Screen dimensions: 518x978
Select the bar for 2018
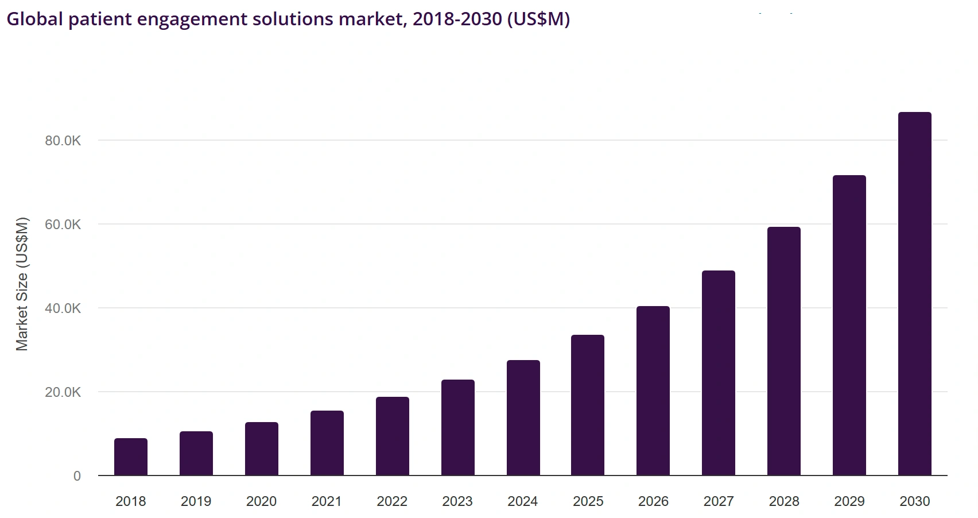pos(131,457)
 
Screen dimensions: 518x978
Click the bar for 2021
pos(327,443)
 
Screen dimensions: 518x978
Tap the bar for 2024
pos(523,418)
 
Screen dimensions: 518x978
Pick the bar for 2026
pos(653,391)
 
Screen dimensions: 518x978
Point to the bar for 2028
pos(784,351)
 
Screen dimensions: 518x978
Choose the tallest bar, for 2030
pos(915,294)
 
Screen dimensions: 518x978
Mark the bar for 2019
pos(196,454)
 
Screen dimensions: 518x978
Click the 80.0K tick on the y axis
pos(63,141)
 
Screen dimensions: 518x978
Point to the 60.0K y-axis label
pos(63,225)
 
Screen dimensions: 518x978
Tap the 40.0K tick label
pos(63,308)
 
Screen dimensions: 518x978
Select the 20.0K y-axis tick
pos(63,392)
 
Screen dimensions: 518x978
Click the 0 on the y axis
pos(77,476)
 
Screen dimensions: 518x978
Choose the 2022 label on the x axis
pos(392,501)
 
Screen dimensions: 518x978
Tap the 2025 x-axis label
pos(588,501)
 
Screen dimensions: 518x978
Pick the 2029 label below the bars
pos(849,501)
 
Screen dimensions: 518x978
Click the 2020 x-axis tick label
pos(262,501)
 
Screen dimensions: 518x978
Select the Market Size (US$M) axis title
pos(22,284)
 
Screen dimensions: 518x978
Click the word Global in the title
pos(34,19)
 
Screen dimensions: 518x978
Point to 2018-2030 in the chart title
pos(457,19)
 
